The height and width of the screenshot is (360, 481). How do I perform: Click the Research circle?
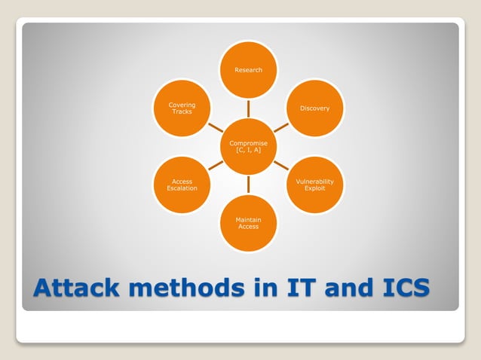pyautogui.click(x=248, y=70)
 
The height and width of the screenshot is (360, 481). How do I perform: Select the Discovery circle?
pyautogui.click(x=314, y=108)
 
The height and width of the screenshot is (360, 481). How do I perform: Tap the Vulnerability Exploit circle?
pyautogui.click(x=314, y=185)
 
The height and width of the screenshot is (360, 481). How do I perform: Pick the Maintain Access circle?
pyautogui.click(x=248, y=223)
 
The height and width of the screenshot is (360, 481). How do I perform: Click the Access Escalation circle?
pyautogui.click(x=182, y=185)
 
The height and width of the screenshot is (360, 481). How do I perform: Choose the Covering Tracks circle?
pyautogui.click(x=182, y=108)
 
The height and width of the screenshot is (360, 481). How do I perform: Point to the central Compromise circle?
pyautogui.click(x=248, y=146)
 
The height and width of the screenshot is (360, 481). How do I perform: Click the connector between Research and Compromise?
pyautogui.click(x=248, y=108)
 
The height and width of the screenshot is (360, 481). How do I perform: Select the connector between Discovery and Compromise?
pyautogui.click(x=281, y=127)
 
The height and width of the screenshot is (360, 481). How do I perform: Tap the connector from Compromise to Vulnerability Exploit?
pyautogui.click(x=281, y=165)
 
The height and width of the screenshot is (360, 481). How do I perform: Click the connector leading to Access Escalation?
pyautogui.click(x=215, y=165)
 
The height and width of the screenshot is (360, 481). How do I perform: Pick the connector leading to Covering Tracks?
pyautogui.click(x=215, y=127)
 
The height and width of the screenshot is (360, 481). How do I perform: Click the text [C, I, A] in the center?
pyautogui.click(x=248, y=151)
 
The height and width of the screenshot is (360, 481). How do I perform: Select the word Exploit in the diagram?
pyautogui.click(x=314, y=188)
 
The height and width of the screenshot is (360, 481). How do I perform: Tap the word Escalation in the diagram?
pyautogui.click(x=182, y=188)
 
